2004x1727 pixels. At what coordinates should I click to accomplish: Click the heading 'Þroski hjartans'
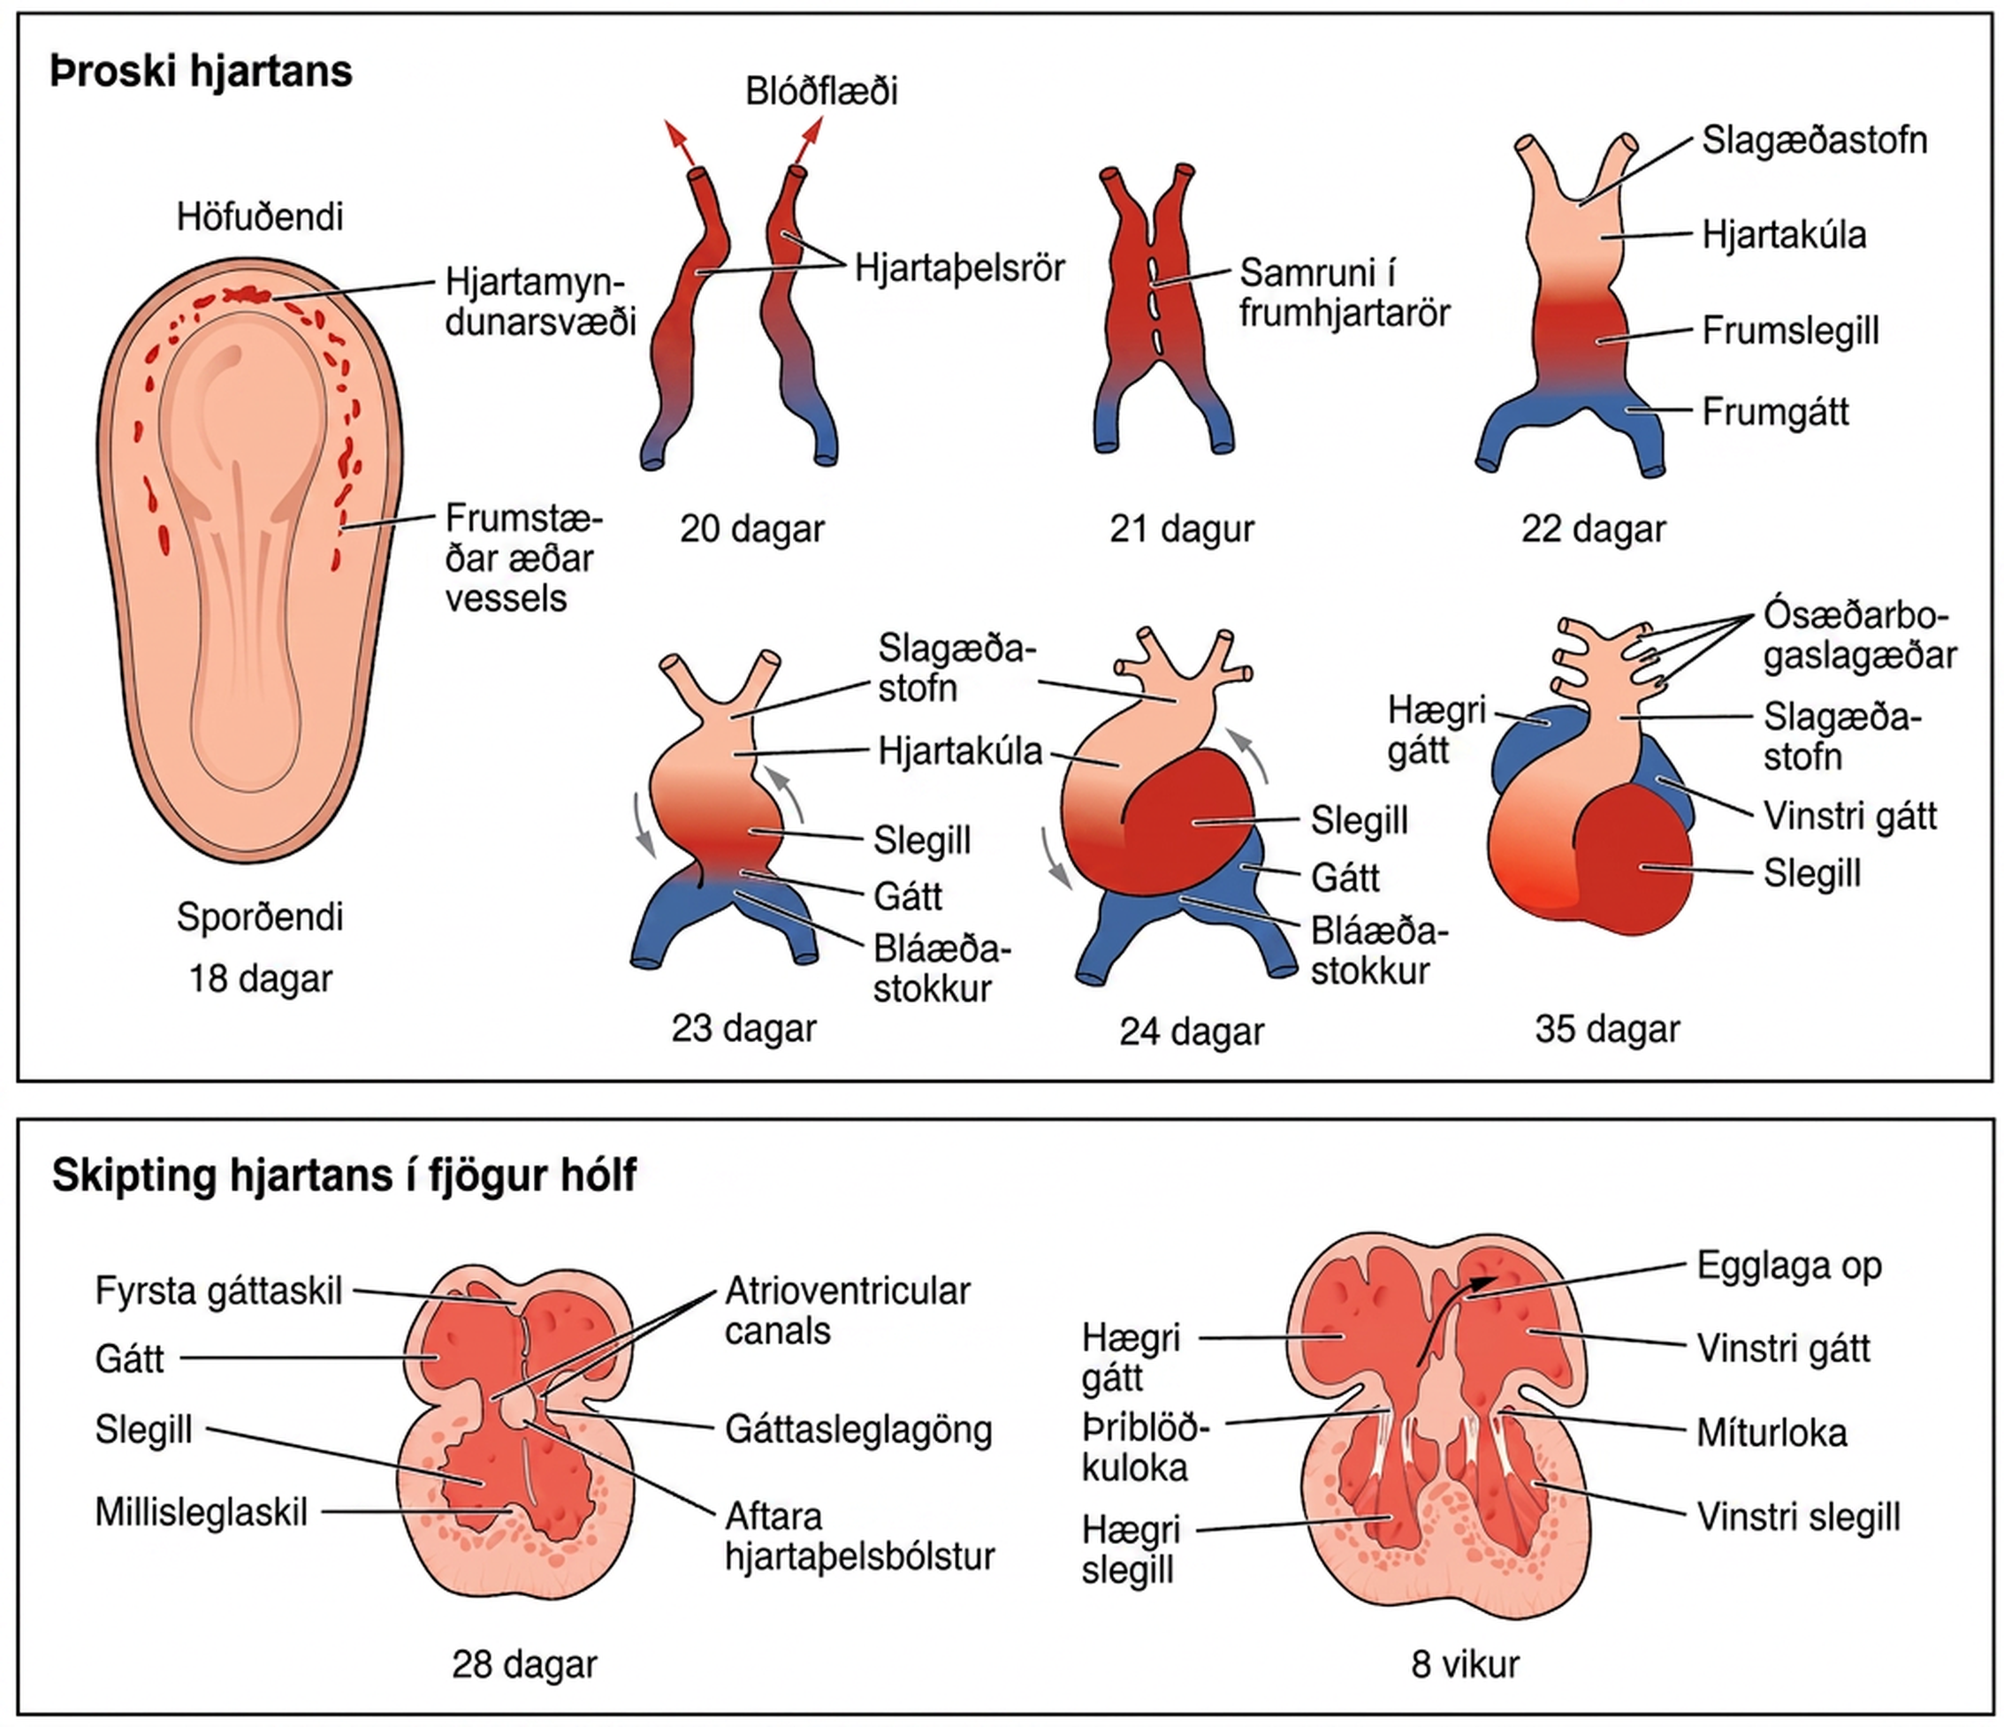click(x=202, y=72)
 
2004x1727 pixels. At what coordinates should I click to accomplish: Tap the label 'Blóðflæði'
click(x=821, y=92)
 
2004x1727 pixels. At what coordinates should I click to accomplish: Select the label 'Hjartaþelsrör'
click(x=959, y=268)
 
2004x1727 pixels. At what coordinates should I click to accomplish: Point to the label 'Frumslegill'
click(x=1790, y=331)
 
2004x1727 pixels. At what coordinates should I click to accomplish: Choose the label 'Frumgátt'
click(x=1775, y=412)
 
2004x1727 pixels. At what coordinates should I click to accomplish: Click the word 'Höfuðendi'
click(x=259, y=217)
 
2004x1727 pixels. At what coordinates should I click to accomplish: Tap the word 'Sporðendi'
click(x=259, y=917)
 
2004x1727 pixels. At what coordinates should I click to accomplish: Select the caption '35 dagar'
click(x=1606, y=1029)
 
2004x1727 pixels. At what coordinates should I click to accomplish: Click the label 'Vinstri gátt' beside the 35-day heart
click(x=1849, y=816)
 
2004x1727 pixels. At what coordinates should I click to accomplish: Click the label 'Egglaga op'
click(x=1788, y=1267)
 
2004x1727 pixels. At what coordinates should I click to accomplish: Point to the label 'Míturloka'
click(x=1771, y=1433)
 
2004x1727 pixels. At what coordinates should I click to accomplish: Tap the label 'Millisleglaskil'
click(x=202, y=1512)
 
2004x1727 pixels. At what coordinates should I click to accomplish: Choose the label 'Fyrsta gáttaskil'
click(x=218, y=1291)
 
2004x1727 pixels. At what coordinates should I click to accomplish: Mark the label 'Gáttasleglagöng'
click(x=859, y=1430)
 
